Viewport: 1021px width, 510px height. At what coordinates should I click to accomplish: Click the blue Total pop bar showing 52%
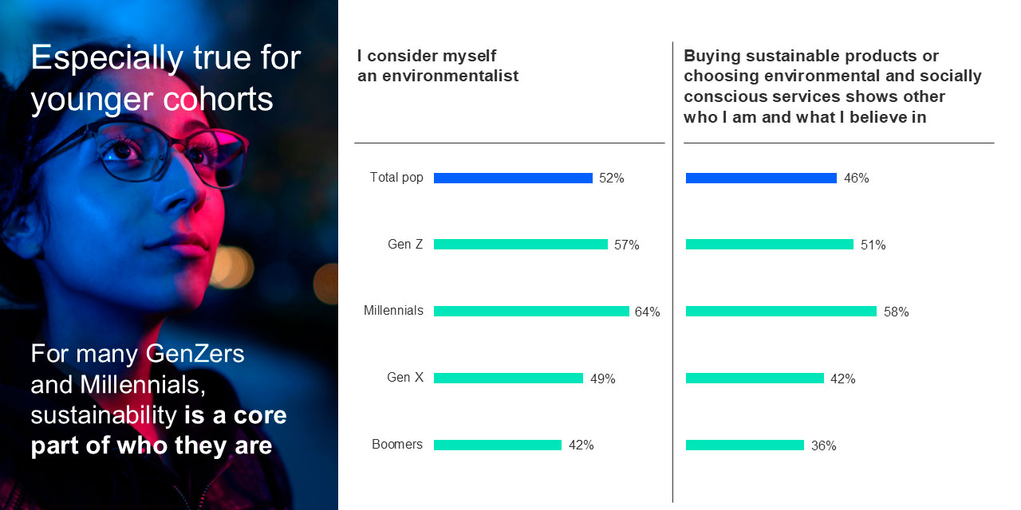pos(513,178)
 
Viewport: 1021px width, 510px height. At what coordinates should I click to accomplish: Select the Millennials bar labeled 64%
pos(531,312)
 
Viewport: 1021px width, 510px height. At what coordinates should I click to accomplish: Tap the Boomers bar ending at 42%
pos(498,445)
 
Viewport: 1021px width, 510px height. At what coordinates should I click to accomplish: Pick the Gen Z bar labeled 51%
pos(769,245)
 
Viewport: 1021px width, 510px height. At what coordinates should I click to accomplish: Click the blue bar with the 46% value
pos(761,178)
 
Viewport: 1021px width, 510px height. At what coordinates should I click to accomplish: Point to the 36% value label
pos(823,446)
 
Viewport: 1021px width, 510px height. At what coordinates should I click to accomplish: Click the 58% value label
pos(896,312)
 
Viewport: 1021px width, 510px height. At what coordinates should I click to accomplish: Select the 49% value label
pos(602,379)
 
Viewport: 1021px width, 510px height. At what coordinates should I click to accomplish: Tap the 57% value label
pos(626,245)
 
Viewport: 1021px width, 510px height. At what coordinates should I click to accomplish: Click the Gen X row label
pos(405,378)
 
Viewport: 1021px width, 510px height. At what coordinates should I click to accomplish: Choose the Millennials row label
pos(393,311)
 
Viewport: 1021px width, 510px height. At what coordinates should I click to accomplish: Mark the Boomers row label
pos(397,445)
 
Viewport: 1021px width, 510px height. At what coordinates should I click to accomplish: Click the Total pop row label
pos(396,178)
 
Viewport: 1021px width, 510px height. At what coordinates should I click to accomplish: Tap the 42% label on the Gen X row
pos(842,379)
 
